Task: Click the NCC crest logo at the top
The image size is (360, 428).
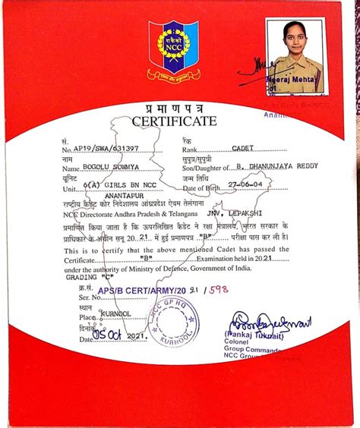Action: [x=172, y=48]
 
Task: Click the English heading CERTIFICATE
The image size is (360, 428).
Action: [x=174, y=121]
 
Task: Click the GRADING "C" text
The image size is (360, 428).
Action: [x=84, y=278]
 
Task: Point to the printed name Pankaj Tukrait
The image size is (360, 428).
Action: [x=254, y=334]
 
